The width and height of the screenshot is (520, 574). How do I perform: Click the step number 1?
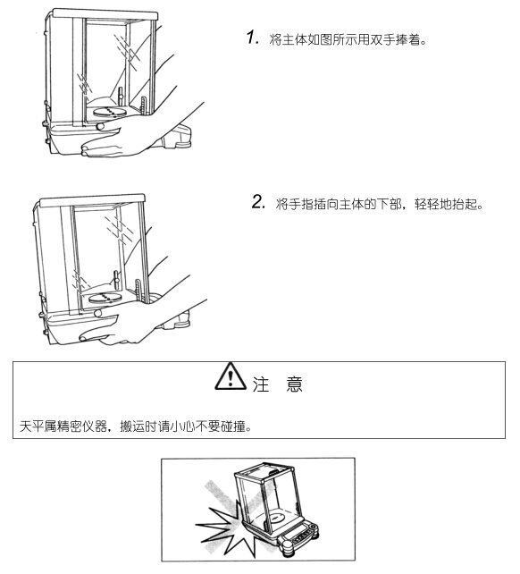(252, 38)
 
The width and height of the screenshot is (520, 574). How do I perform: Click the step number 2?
(258, 202)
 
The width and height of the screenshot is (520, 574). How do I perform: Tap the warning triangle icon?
(231, 376)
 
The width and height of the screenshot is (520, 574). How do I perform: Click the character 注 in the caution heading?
(261, 384)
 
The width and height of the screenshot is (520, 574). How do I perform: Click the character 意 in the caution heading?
(294, 384)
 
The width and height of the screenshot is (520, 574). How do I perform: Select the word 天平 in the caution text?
(31, 426)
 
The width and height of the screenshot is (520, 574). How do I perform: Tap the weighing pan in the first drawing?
(109, 111)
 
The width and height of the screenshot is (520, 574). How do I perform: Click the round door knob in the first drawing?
(100, 127)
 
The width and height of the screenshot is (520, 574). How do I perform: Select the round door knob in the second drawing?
(97, 313)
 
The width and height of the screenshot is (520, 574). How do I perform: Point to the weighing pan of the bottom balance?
(276, 518)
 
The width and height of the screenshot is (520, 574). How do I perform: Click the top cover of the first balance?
(105, 14)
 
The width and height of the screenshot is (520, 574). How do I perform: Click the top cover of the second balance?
(92, 200)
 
